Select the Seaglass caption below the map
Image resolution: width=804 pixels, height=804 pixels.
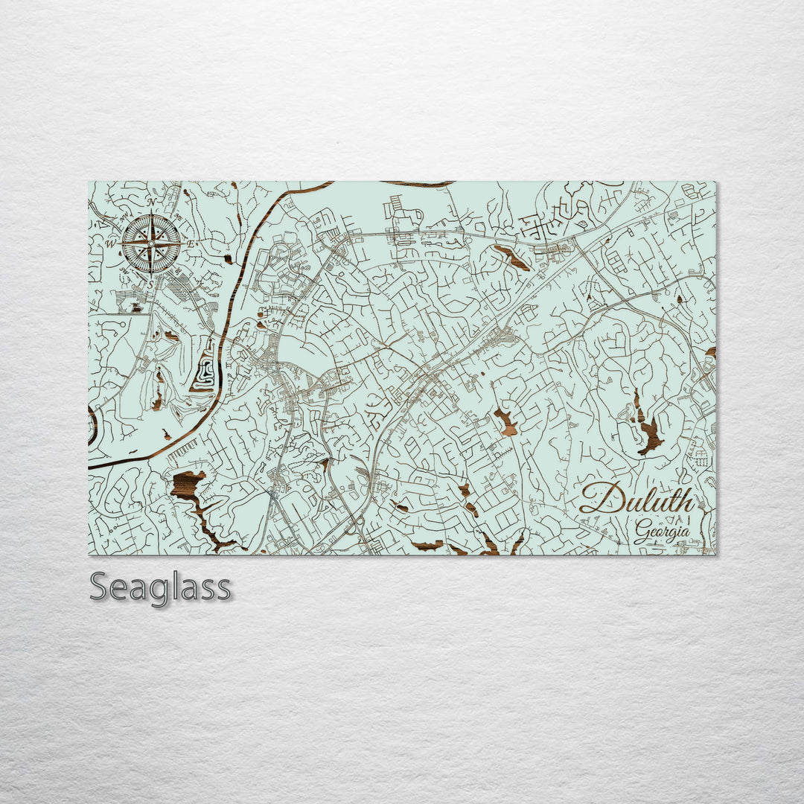160,587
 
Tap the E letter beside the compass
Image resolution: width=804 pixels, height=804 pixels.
190,243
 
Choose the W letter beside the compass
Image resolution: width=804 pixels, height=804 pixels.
110,243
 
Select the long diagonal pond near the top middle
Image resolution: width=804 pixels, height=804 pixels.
512,258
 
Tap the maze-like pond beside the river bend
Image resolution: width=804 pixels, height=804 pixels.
204,369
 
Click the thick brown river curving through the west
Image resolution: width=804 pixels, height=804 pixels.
237,283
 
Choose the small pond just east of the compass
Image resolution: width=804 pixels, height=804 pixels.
228,259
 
